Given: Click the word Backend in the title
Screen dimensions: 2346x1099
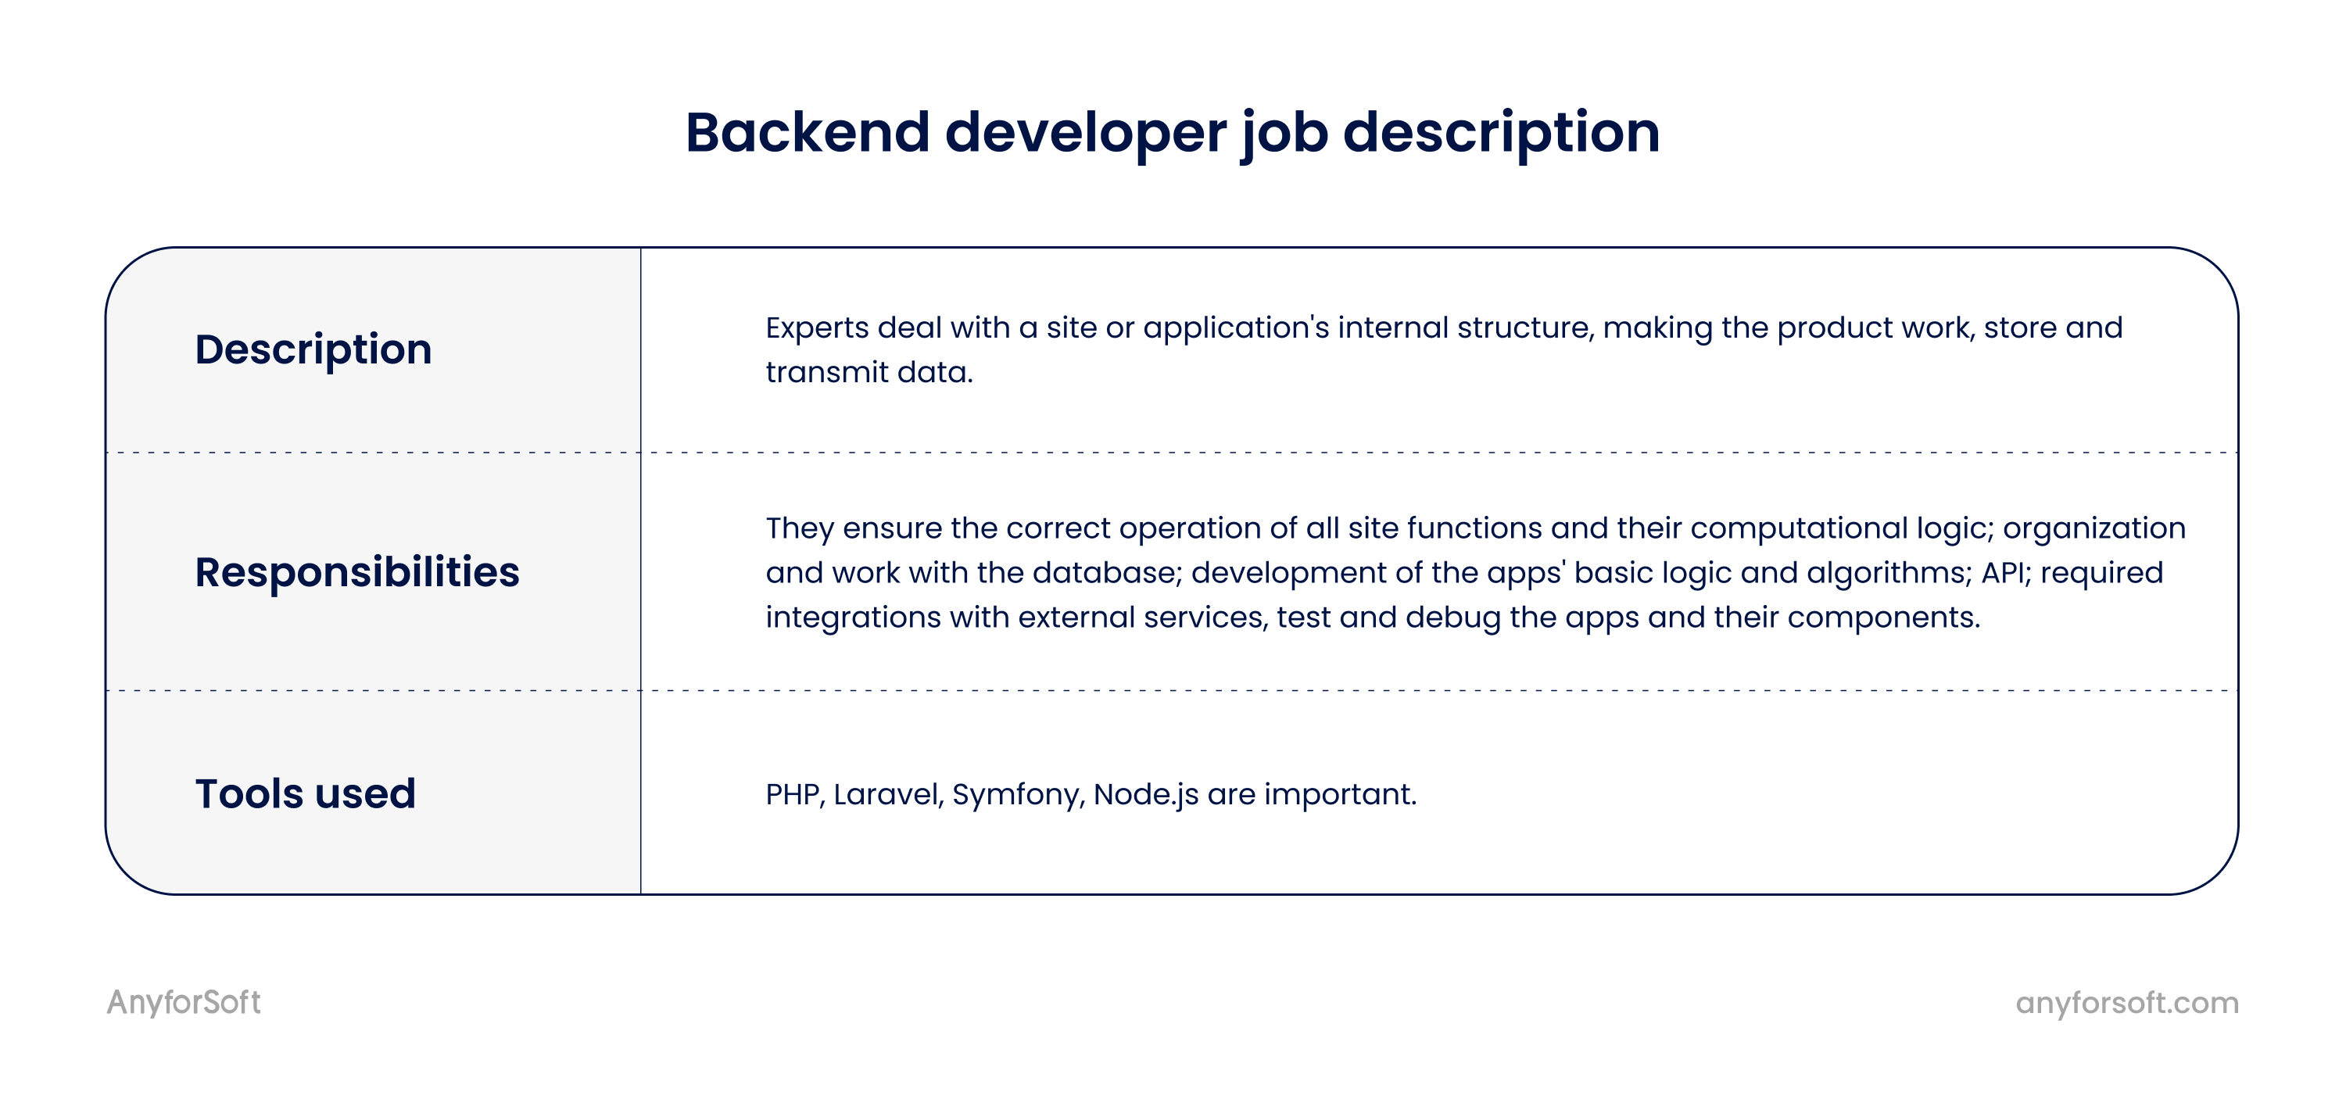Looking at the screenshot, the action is [x=808, y=132].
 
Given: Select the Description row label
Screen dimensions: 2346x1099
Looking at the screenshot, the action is [x=313, y=349].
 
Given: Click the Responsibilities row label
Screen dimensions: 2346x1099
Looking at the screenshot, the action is [x=357, y=573].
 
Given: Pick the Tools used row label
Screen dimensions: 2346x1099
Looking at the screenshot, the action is [x=305, y=794].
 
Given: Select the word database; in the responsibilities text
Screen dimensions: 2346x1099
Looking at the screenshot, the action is [x=1106, y=573].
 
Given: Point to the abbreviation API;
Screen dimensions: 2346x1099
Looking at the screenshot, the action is [x=2006, y=573].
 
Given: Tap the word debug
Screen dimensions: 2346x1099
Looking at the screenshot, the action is [x=1452, y=618].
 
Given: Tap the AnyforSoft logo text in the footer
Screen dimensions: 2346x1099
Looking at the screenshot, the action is [x=184, y=1003].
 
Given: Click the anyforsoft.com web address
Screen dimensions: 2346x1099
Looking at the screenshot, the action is [x=2126, y=1004].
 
